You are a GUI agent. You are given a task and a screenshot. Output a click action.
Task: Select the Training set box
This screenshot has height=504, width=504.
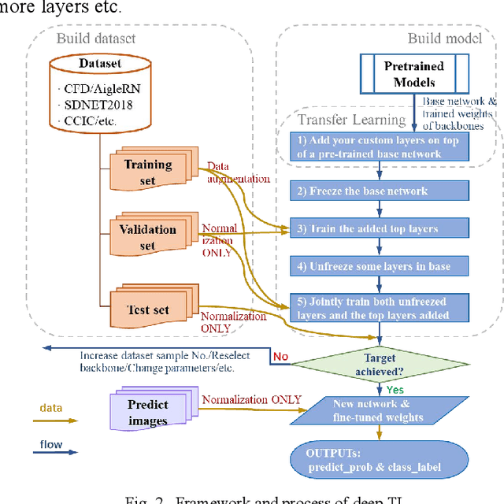(148, 172)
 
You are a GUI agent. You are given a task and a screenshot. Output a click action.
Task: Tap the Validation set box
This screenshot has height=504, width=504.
(147, 237)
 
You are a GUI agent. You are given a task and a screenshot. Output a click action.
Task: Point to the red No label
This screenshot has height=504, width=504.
(280, 357)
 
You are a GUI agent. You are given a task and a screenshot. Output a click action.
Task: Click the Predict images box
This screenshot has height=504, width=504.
(148, 413)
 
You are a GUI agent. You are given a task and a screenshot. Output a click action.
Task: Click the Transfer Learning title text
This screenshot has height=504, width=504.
(351, 120)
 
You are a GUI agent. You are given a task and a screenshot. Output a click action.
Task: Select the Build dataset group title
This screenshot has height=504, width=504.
(95, 37)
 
